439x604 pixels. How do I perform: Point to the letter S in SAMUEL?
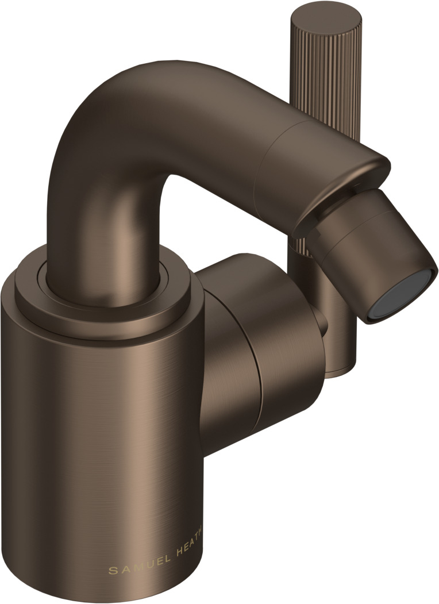[x=111, y=571]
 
